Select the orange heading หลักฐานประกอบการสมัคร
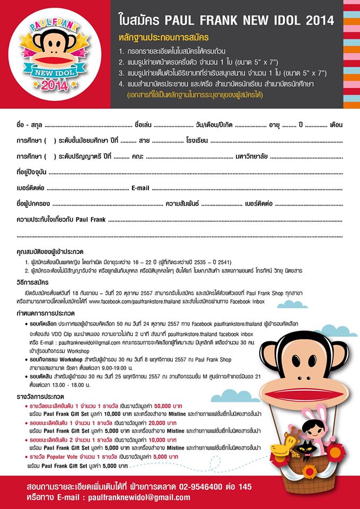pos(164,38)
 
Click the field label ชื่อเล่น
pos(144,125)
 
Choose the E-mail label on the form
pos(141,188)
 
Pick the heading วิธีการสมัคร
pos(34,283)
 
